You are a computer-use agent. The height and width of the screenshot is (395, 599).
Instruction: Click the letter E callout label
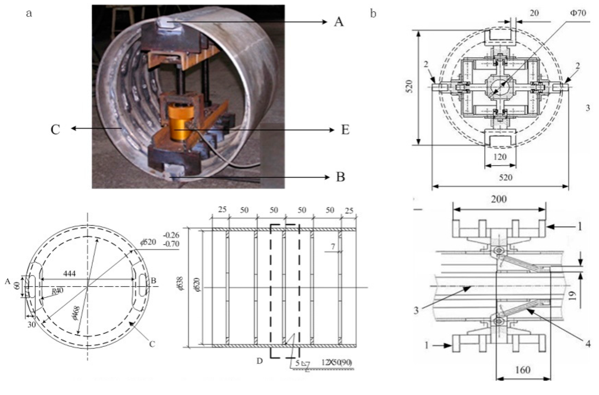click(345, 130)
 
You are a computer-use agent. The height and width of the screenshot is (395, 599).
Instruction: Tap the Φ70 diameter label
click(578, 13)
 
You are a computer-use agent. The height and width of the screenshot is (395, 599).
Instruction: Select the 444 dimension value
click(69, 273)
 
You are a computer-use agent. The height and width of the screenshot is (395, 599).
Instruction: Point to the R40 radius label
click(57, 291)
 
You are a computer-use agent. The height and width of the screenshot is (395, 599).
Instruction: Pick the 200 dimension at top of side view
click(499, 199)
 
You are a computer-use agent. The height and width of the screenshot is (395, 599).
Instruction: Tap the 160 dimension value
click(523, 370)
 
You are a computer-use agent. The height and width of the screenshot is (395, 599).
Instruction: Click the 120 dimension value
click(500, 157)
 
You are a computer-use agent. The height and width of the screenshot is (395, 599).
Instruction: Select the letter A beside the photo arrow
click(339, 22)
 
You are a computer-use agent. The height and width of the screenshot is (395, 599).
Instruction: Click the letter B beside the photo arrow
click(341, 177)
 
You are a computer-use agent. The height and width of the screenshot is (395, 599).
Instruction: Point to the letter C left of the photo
click(55, 130)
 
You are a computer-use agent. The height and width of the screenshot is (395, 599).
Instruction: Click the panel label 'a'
click(29, 13)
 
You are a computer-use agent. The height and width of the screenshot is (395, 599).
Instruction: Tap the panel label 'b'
click(373, 13)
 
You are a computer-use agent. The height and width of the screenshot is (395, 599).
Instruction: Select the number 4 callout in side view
click(588, 344)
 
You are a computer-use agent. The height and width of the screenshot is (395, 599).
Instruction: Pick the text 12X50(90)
click(336, 362)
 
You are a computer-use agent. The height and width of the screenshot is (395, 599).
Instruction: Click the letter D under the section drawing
click(260, 361)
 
